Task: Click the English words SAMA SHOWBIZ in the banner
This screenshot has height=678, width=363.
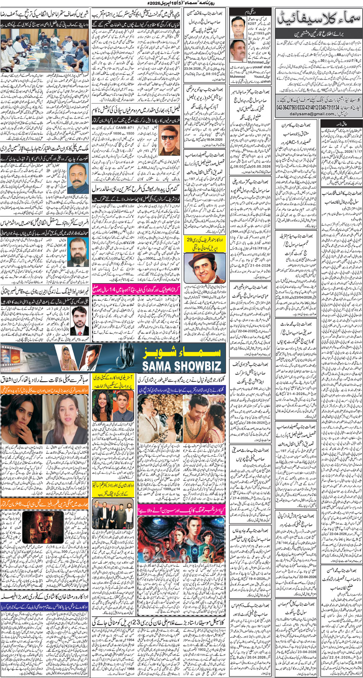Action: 181,366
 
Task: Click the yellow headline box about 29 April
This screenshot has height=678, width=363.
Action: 205,244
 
